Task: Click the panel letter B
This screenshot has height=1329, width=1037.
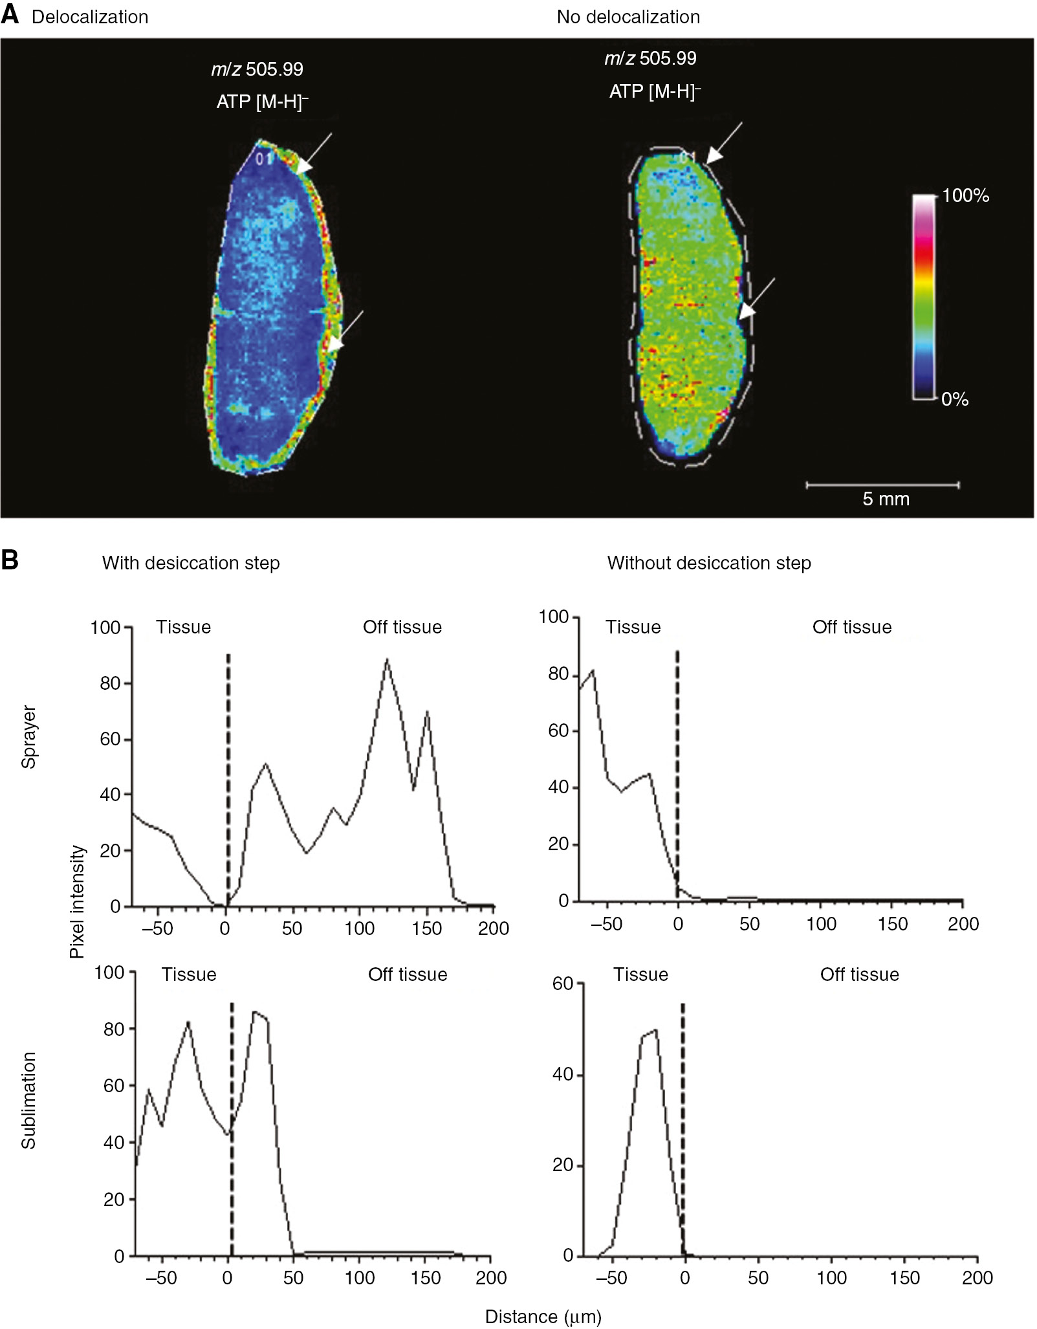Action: click(10, 560)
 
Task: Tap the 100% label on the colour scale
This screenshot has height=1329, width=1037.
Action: click(965, 196)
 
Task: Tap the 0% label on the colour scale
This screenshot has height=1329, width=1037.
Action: click(954, 399)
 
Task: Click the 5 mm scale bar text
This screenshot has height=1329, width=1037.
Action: click(886, 499)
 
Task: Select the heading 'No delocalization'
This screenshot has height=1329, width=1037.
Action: click(628, 17)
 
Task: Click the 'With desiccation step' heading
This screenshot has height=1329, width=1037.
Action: click(191, 563)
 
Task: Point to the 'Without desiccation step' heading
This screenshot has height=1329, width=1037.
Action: click(708, 563)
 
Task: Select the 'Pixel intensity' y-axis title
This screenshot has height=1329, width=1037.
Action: click(78, 901)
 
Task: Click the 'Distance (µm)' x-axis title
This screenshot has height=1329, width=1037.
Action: click(543, 1316)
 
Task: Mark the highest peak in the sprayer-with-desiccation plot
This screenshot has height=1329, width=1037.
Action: click(387, 660)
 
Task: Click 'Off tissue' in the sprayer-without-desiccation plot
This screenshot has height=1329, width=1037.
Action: click(851, 627)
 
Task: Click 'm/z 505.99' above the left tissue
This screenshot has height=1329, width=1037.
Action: click(257, 69)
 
